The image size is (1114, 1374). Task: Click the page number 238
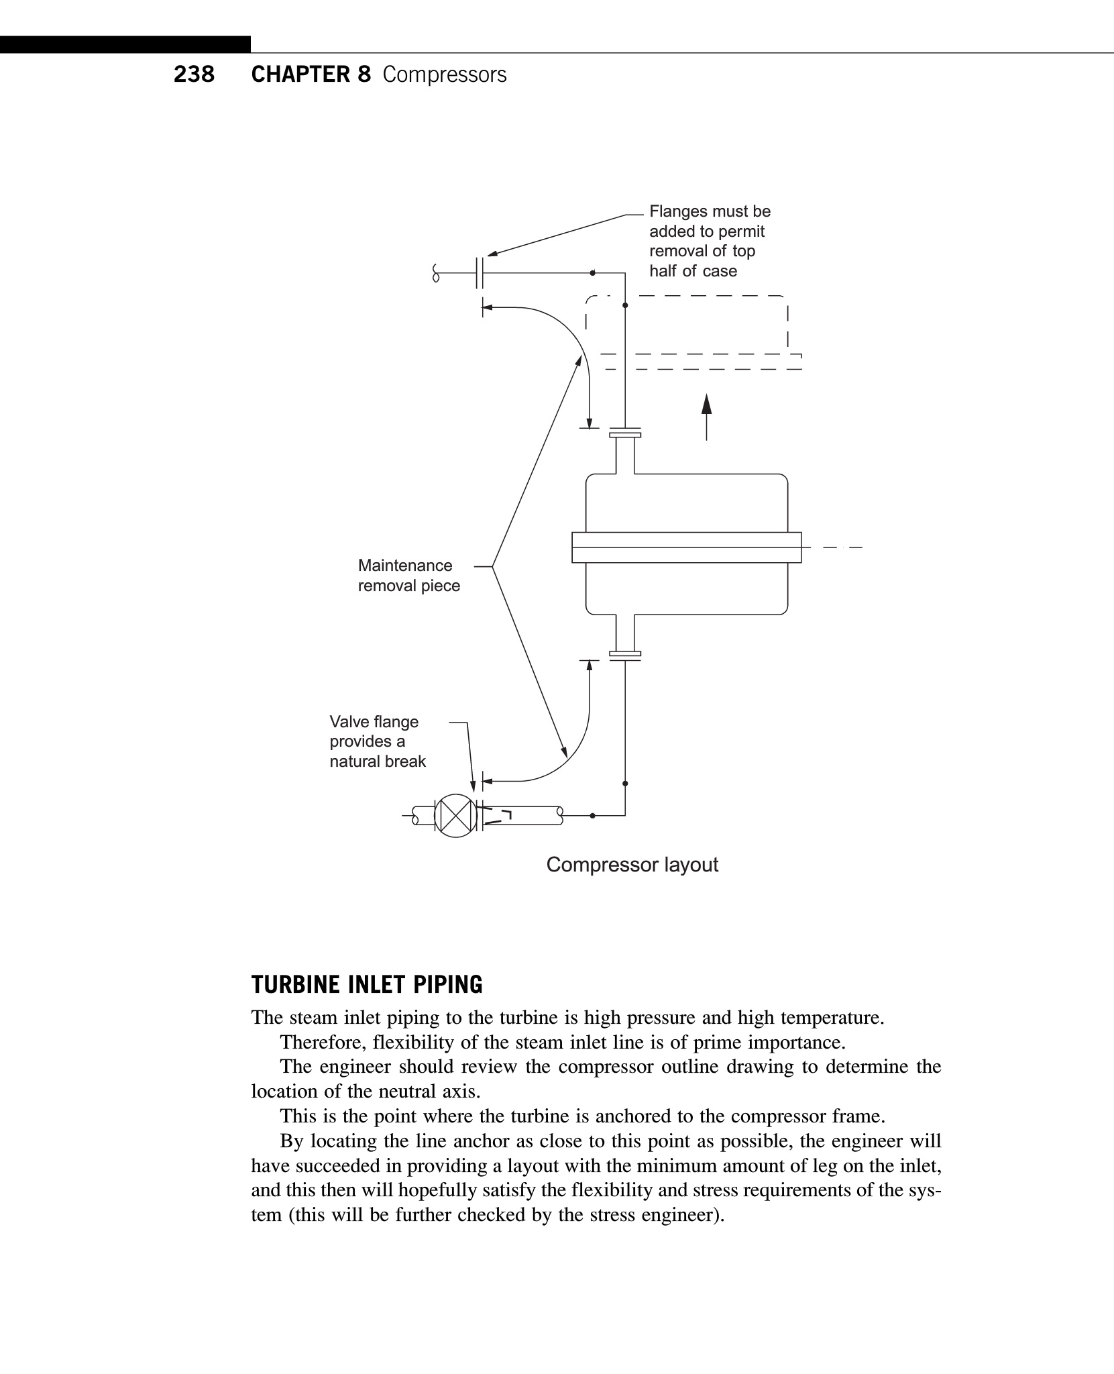[x=194, y=74]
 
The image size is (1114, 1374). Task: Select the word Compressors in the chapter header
[x=445, y=74]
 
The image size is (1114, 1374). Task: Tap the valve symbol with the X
[x=455, y=815]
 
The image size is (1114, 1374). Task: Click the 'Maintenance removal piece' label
[x=408, y=576]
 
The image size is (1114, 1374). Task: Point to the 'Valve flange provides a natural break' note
[x=378, y=741]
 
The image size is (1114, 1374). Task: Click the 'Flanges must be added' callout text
[x=710, y=241]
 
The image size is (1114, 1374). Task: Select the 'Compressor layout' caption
[x=632, y=865]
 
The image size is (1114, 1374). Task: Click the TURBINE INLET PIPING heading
[x=367, y=985]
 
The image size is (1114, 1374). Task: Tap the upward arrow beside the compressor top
[x=706, y=416]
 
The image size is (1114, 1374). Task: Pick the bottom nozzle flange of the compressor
[x=625, y=655]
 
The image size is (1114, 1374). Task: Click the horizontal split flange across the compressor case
[x=686, y=547]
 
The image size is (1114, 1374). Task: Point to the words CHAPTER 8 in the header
[x=311, y=74]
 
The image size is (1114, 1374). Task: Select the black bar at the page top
[x=125, y=44]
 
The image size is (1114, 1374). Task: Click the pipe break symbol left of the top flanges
[x=436, y=273]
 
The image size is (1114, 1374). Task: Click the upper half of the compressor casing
[x=686, y=503]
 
